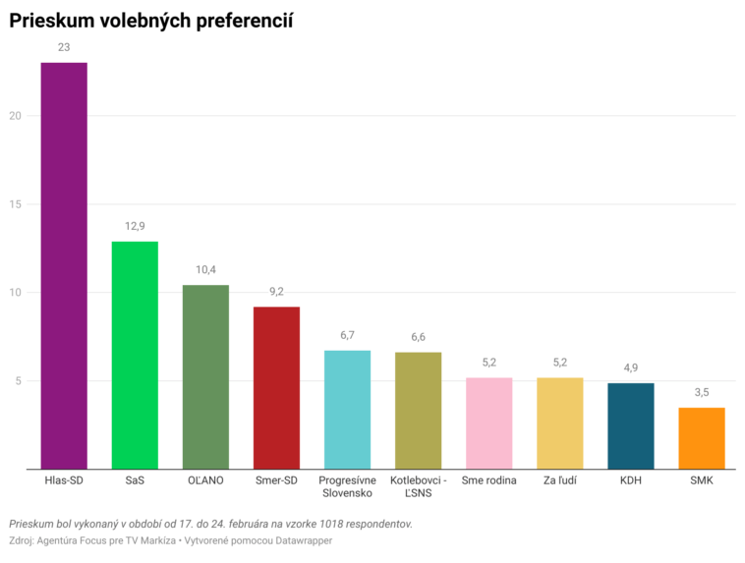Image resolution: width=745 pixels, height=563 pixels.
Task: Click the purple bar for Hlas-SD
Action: (64, 265)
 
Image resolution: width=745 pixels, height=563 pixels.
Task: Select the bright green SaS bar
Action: (135, 355)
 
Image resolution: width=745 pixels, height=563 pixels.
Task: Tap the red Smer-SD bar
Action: (276, 387)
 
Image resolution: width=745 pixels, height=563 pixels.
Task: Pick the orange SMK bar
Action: (702, 437)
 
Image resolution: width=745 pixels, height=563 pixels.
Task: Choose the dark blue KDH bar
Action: (631, 425)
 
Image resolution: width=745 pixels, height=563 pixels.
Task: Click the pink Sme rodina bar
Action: (489, 422)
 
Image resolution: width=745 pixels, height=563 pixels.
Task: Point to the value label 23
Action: (64, 47)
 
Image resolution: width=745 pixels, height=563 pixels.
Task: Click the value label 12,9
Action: (135, 226)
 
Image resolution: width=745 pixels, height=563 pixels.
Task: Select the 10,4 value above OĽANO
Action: (205, 270)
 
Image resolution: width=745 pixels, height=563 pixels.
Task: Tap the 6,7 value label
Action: (347, 335)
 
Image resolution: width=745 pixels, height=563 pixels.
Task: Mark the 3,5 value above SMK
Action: (702, 392)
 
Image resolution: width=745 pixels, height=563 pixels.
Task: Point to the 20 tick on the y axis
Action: (16, 116)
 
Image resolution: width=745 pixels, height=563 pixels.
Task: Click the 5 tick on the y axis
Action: (19, 381)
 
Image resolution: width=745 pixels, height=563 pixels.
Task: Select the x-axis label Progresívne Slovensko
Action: (347, 486)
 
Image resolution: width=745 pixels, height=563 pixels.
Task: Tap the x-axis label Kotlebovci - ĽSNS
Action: (418, 486)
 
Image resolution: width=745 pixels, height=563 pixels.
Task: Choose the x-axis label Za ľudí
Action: (560, 480)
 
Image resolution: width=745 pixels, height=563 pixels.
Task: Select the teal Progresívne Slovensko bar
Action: (347, 409)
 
